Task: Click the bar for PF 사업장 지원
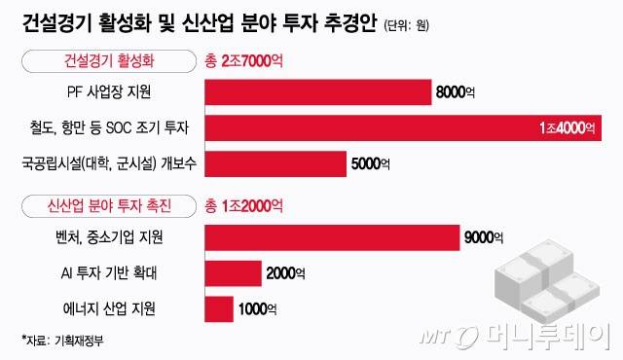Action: click(317, 92)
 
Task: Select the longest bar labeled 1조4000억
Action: click(399, 128)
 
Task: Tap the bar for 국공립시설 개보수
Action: click(275, 163)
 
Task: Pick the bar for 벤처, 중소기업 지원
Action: click(332, 237)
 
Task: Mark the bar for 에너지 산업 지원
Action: click(219, 309)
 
